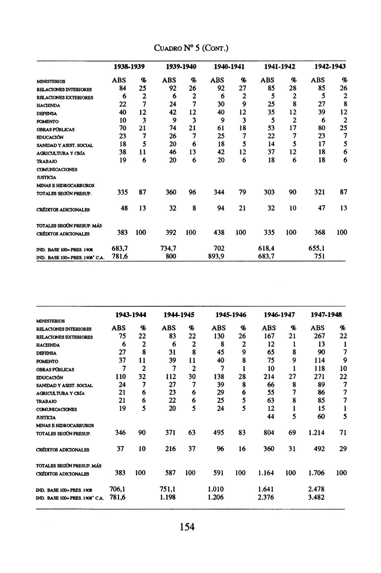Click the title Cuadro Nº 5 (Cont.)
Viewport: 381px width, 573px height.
191,47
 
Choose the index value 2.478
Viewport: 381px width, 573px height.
316,488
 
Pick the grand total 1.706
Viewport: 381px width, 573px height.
316,473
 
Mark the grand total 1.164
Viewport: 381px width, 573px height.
267,473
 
